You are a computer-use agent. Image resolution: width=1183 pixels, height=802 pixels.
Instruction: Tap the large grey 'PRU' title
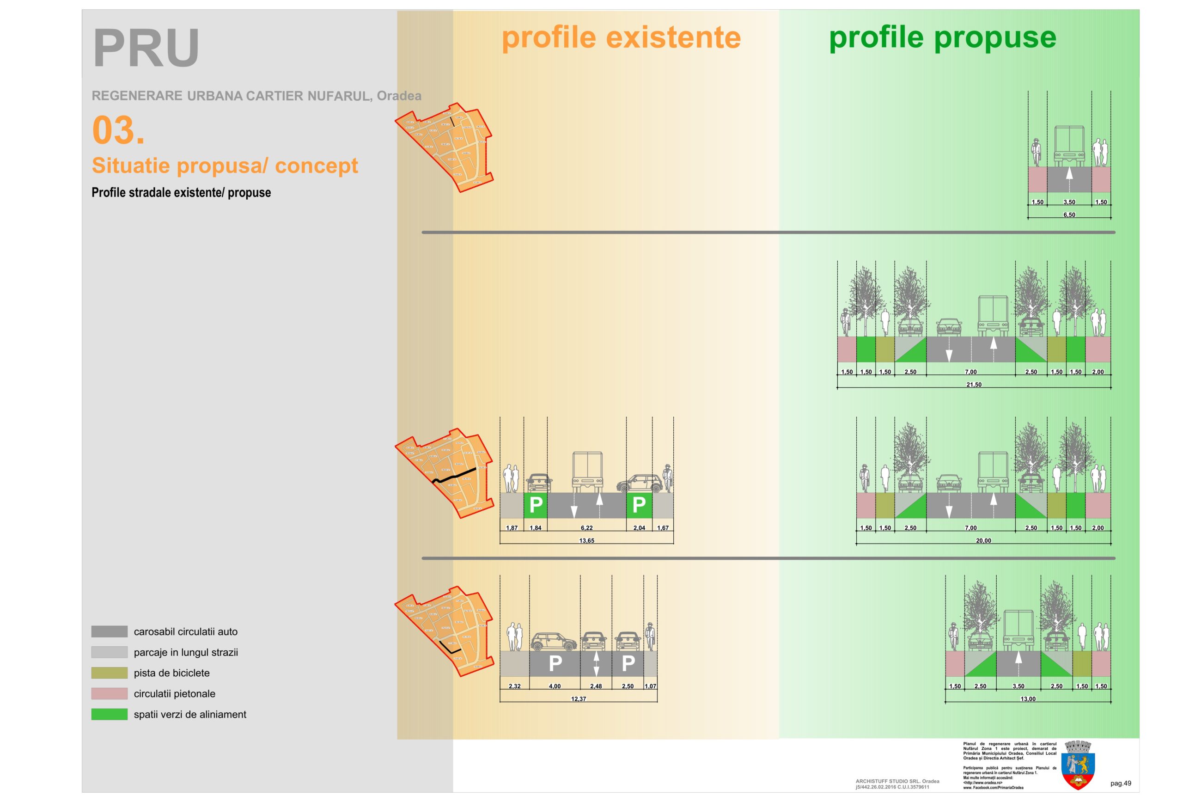coord(146,48)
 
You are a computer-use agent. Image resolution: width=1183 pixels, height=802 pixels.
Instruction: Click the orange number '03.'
coord(118,130)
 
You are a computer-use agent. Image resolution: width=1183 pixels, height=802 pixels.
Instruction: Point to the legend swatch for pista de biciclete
coord(110,673)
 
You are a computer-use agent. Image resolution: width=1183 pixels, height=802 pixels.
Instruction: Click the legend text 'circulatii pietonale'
coord(174,693)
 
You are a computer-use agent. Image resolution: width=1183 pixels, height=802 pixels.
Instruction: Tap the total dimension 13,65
coord(586,541)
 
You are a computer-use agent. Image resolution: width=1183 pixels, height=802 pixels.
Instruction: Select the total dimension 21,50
coord(974,385)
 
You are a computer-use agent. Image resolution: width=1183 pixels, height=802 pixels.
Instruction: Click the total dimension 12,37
coord(578,699)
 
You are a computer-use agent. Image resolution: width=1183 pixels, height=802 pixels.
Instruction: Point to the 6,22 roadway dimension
coord(586,528)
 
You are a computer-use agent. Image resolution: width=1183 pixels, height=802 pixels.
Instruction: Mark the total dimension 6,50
coord(1069,215)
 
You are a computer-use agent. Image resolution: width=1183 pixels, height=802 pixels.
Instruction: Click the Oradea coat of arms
coord(1078,765)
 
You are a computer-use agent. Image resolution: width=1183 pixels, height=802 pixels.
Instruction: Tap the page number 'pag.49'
coord(1121,783)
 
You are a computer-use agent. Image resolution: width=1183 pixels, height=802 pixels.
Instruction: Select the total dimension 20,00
coord(983,541)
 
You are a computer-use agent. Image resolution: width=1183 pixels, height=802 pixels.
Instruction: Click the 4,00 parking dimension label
coord(555,686)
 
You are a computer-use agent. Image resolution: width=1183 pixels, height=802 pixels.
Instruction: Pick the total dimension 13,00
coord(1028,699)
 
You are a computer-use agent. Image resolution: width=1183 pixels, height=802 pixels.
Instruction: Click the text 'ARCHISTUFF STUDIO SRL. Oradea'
coord(897,781)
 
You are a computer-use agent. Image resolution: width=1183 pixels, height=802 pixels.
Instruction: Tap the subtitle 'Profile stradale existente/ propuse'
coord(181,192)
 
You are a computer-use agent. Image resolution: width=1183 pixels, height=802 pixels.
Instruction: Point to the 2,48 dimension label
coord(596,686)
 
